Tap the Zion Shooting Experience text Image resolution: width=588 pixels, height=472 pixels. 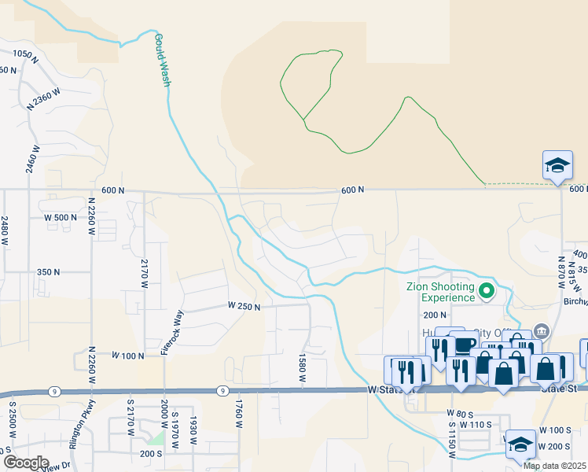(x=440, y=292)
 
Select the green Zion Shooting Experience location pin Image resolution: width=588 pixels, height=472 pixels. (x=487, y=292)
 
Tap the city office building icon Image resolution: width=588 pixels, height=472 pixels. (x=540, y=329)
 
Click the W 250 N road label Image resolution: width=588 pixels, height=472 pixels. (x=244, y=305)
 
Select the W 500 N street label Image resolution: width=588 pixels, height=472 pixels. (x=61, y=217)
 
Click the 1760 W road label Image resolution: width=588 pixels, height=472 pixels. (x=237, y=413)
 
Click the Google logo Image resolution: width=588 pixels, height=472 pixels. (x=25, y=463)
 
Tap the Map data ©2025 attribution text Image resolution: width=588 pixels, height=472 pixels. (x=555, y=466)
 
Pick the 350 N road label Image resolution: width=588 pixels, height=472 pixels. (x=49, y=271)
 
